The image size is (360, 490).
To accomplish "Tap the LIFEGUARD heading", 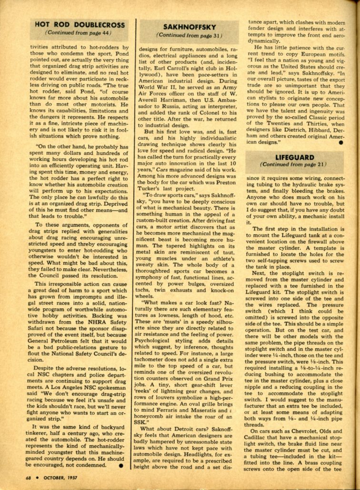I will (x=294, y=157).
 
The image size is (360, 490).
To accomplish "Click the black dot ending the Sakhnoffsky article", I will (x=341, y=142).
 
